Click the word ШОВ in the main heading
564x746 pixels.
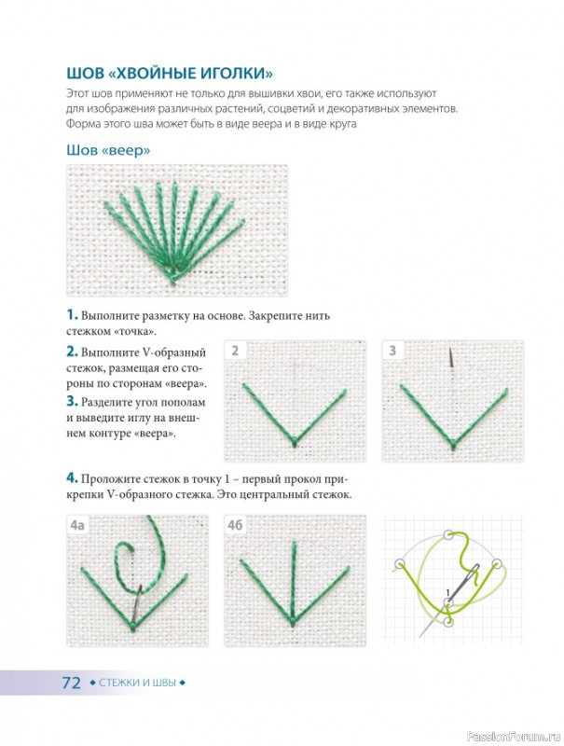click(85, 74)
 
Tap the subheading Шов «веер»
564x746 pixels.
click(108, 150)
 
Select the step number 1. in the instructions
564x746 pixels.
click(73, 315)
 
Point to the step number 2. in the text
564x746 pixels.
click(73, 352)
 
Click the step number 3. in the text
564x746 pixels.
click(73, 402)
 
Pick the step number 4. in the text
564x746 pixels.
click(73, 478)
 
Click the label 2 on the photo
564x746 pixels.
click(235, 352)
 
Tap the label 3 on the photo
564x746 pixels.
click(392, 352)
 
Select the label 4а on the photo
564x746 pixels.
click(77, 525)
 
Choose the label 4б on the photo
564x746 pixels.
click(235, 525)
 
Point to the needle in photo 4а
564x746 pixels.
click(137, 602)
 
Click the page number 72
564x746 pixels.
click(72, 684)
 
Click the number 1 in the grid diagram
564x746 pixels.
click(447, 592)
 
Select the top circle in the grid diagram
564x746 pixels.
click(447, 535)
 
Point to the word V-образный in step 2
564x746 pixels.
click(174, 352)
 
